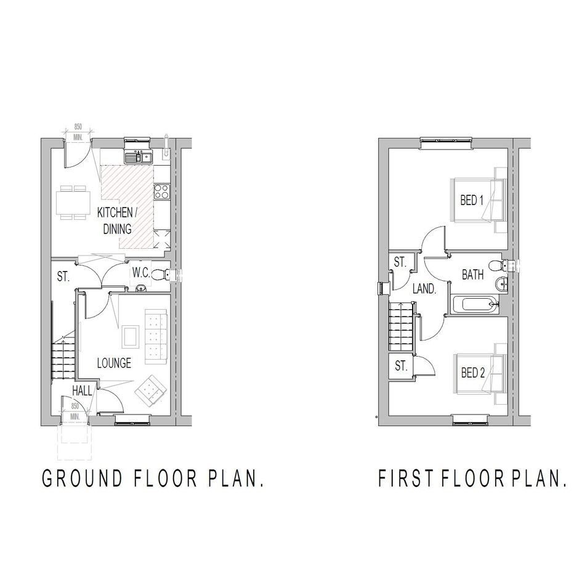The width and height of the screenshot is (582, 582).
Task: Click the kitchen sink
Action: tap(139, 158)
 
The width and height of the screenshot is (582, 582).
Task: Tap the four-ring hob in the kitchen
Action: tap(162, 192)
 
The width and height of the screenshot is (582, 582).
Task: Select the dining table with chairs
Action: tap(74, 203)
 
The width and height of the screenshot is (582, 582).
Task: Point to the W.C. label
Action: tap(141, 273)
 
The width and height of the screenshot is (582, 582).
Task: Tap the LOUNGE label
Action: tap(114, 363)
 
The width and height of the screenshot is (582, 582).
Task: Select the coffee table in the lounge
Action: tap(131, 337)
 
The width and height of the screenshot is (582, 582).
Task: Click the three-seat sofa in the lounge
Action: tap(156, 336)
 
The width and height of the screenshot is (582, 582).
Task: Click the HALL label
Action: tap(82, 390)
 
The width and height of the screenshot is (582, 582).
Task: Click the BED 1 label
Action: tap(472, 200)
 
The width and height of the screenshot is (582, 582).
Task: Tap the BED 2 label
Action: tap(473, 373)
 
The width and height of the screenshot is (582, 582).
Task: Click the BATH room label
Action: tap(472, 275)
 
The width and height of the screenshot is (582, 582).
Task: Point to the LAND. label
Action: tap(424, 289)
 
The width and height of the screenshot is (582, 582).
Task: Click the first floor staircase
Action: tap(401, 326)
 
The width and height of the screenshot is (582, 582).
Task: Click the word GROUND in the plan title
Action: tap(83, 478)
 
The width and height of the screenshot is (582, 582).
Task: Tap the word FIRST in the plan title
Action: tap(406, 478)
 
